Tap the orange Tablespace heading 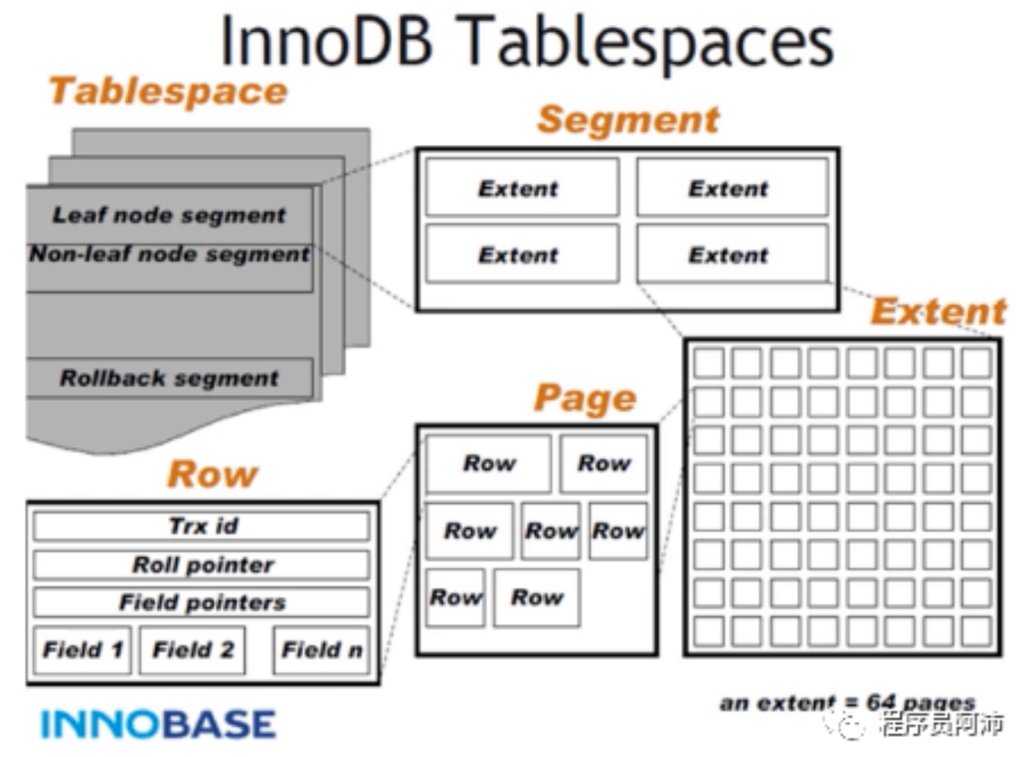pyautogui.click(x=169, y=92)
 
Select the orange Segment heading pyautogui.click(x=628, y=120)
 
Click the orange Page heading pyautogui.click(x=585, y=398)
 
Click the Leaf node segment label pyautogui.click(x=169, y=215)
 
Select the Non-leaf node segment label pyautogui.click(x=169, y=254)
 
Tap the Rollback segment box pyautogui.click(x=169, y=378)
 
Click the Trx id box pyautogui.click(x=202, y=525)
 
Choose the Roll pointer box pyautogui.click(x=202, y=565)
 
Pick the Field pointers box pyautogui.click(x=202, y=602)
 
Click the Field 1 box pyautogui.click(x=82, y=649)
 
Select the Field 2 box pyautogui.click(x=192, y=649)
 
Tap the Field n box pyautogui.click(x=322, y=649)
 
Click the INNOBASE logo pyautogui.click(x=159, y=724)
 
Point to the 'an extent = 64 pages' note pyautogui.click(x=847, y=703)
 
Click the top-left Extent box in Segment pyautogui.click(x=523, y=187)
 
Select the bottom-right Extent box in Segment pyautogui.click(x=733, y=254)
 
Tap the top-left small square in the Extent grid pyautogui.click(x=709, y=363)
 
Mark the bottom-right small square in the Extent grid pyautogui.click(x=977, y=631)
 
